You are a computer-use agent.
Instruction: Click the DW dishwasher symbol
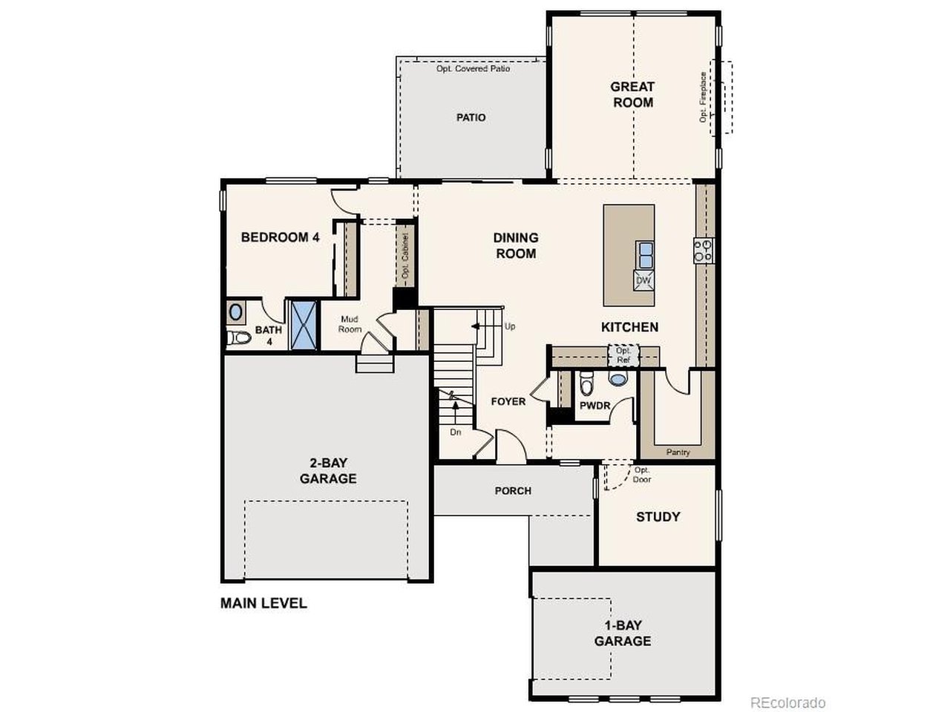[643, 280]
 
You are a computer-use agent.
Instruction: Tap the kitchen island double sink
[645, 255]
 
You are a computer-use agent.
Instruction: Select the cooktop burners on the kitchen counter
[704, 251]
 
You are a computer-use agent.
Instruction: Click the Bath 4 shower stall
[303, 325]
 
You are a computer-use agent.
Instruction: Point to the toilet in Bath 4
[238, 337]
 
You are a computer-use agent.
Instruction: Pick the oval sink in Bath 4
[236, 312]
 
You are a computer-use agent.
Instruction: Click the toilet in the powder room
[586, 383]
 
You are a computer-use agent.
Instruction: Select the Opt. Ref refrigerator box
[623, 355]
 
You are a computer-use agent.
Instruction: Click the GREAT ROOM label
[632, 95]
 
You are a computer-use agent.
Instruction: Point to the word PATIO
[471, 118]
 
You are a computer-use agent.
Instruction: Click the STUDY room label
[658, 517]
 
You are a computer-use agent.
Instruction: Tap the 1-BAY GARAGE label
[623, 633]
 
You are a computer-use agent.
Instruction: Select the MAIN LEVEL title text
[263, 603]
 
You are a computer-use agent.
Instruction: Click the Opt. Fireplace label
[703, 97]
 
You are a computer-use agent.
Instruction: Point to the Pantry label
[678, 452]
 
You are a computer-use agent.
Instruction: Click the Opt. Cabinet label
[405, 256]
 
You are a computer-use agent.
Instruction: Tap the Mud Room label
[350, 324]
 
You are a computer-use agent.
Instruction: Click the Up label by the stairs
[510, 326]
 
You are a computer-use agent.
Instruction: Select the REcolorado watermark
[787, 702]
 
